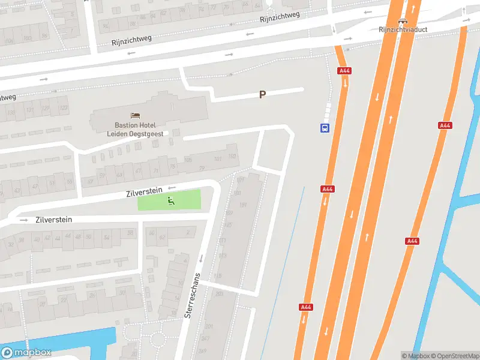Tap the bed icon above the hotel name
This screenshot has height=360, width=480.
coord(136,115)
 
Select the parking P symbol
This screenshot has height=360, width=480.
coord(262,94)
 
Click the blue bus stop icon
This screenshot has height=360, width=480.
coord(325,128)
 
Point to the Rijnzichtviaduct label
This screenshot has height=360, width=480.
coord(402,29)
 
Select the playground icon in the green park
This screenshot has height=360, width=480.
coord(170,200)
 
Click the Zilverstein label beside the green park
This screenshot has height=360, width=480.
coord(144,193)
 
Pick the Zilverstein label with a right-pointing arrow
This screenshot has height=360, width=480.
coord(53,220)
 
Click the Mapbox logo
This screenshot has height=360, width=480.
coord(26,353)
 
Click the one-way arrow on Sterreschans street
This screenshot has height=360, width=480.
coord(201,259)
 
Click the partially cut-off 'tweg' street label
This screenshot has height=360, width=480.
coord(7,97)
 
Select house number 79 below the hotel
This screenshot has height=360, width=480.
coord(202,167)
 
